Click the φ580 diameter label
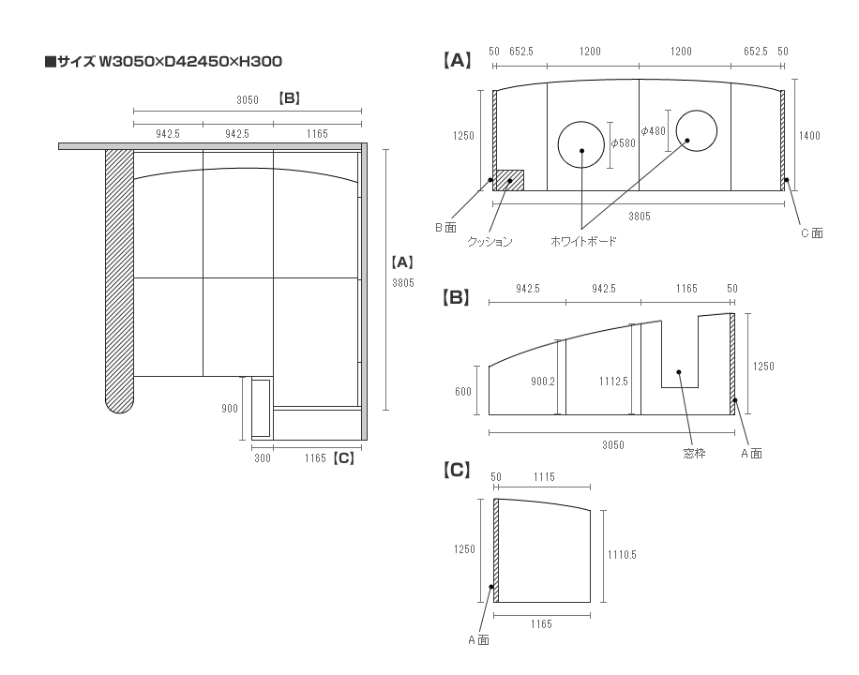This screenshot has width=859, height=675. tap(624, 143)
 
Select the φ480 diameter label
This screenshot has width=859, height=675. tap(654, 131)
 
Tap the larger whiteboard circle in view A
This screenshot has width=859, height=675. tap(581, 145)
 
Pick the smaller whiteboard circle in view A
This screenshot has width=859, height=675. tap(696, 132)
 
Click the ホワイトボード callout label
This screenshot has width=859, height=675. tap(582, 242)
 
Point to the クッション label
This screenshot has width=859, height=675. tap(490, 242)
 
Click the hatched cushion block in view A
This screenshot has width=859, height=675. tap(510, 179)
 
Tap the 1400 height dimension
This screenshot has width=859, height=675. tap(809, 136)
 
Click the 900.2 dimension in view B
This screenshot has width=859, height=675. tap(544, 382)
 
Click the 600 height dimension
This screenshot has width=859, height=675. tap(463, 392)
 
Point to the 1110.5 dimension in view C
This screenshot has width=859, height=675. tap(621, 555)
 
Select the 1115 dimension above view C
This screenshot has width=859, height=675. tap(544, 477)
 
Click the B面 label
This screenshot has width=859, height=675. tap(445, 228)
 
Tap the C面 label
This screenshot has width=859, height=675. tap(811, 233)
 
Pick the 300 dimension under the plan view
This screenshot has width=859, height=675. tap(262, 458)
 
